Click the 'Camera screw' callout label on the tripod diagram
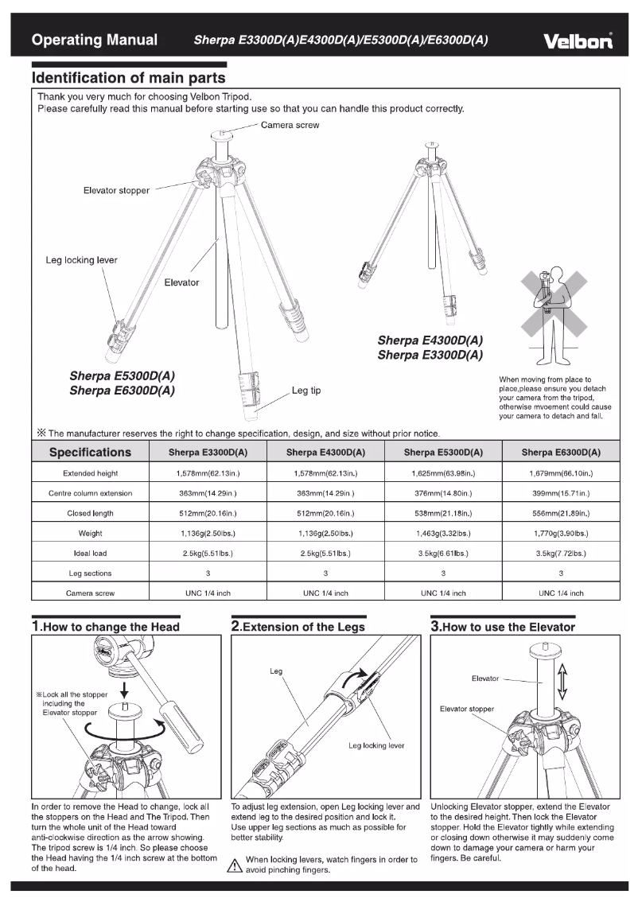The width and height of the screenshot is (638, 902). click(x=290, y=126)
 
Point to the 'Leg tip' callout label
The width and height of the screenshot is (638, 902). click(x=306, y=391)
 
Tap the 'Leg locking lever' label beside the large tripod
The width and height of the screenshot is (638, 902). click(x=81, y=260)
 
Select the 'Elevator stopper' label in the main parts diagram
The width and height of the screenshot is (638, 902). click(x=116, y=190)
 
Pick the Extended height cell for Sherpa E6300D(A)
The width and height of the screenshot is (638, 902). click(x=561, y=473)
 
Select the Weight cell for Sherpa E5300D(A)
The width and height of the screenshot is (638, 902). click(x=443, y=533)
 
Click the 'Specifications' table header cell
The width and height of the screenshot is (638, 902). click(x=90, y=452)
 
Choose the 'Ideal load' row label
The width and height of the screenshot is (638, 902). click(x=90, y=553)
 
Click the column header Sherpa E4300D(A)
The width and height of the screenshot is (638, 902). click(x=325, y=453)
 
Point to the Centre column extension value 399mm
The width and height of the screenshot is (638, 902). click(x=561, y=493)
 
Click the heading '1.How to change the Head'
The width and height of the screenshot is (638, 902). click(x=106, y=626)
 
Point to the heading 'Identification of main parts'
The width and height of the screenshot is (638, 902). click(x=128, y=78)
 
